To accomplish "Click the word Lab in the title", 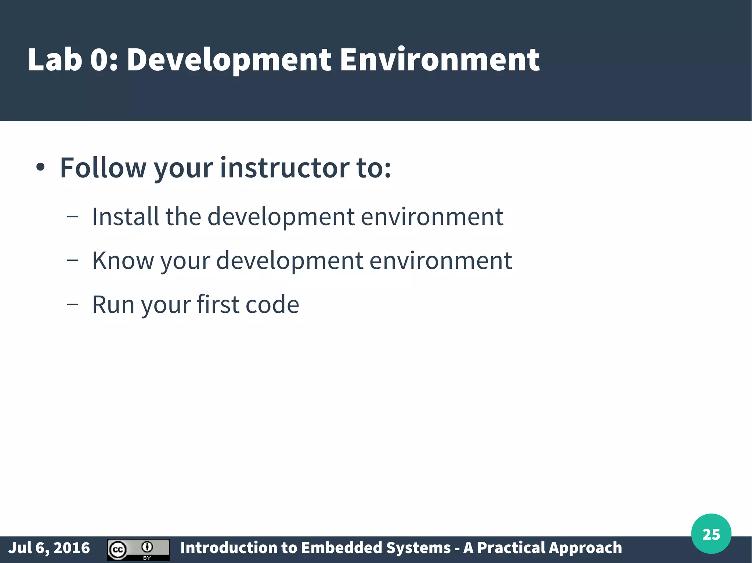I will (54, 60).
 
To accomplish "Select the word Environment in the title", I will (440, 60).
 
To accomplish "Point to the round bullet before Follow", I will (40, 168).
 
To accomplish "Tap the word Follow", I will (103, 168).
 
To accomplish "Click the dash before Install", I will (73, 217).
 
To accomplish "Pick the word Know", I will (123, 260).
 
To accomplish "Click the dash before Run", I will (73, 304).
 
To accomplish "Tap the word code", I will (272, 304).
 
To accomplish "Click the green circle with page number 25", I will (711, 534).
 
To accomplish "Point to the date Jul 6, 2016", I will (49, 548).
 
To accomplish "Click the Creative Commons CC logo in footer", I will (118, 550).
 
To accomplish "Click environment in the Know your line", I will (440, 260).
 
